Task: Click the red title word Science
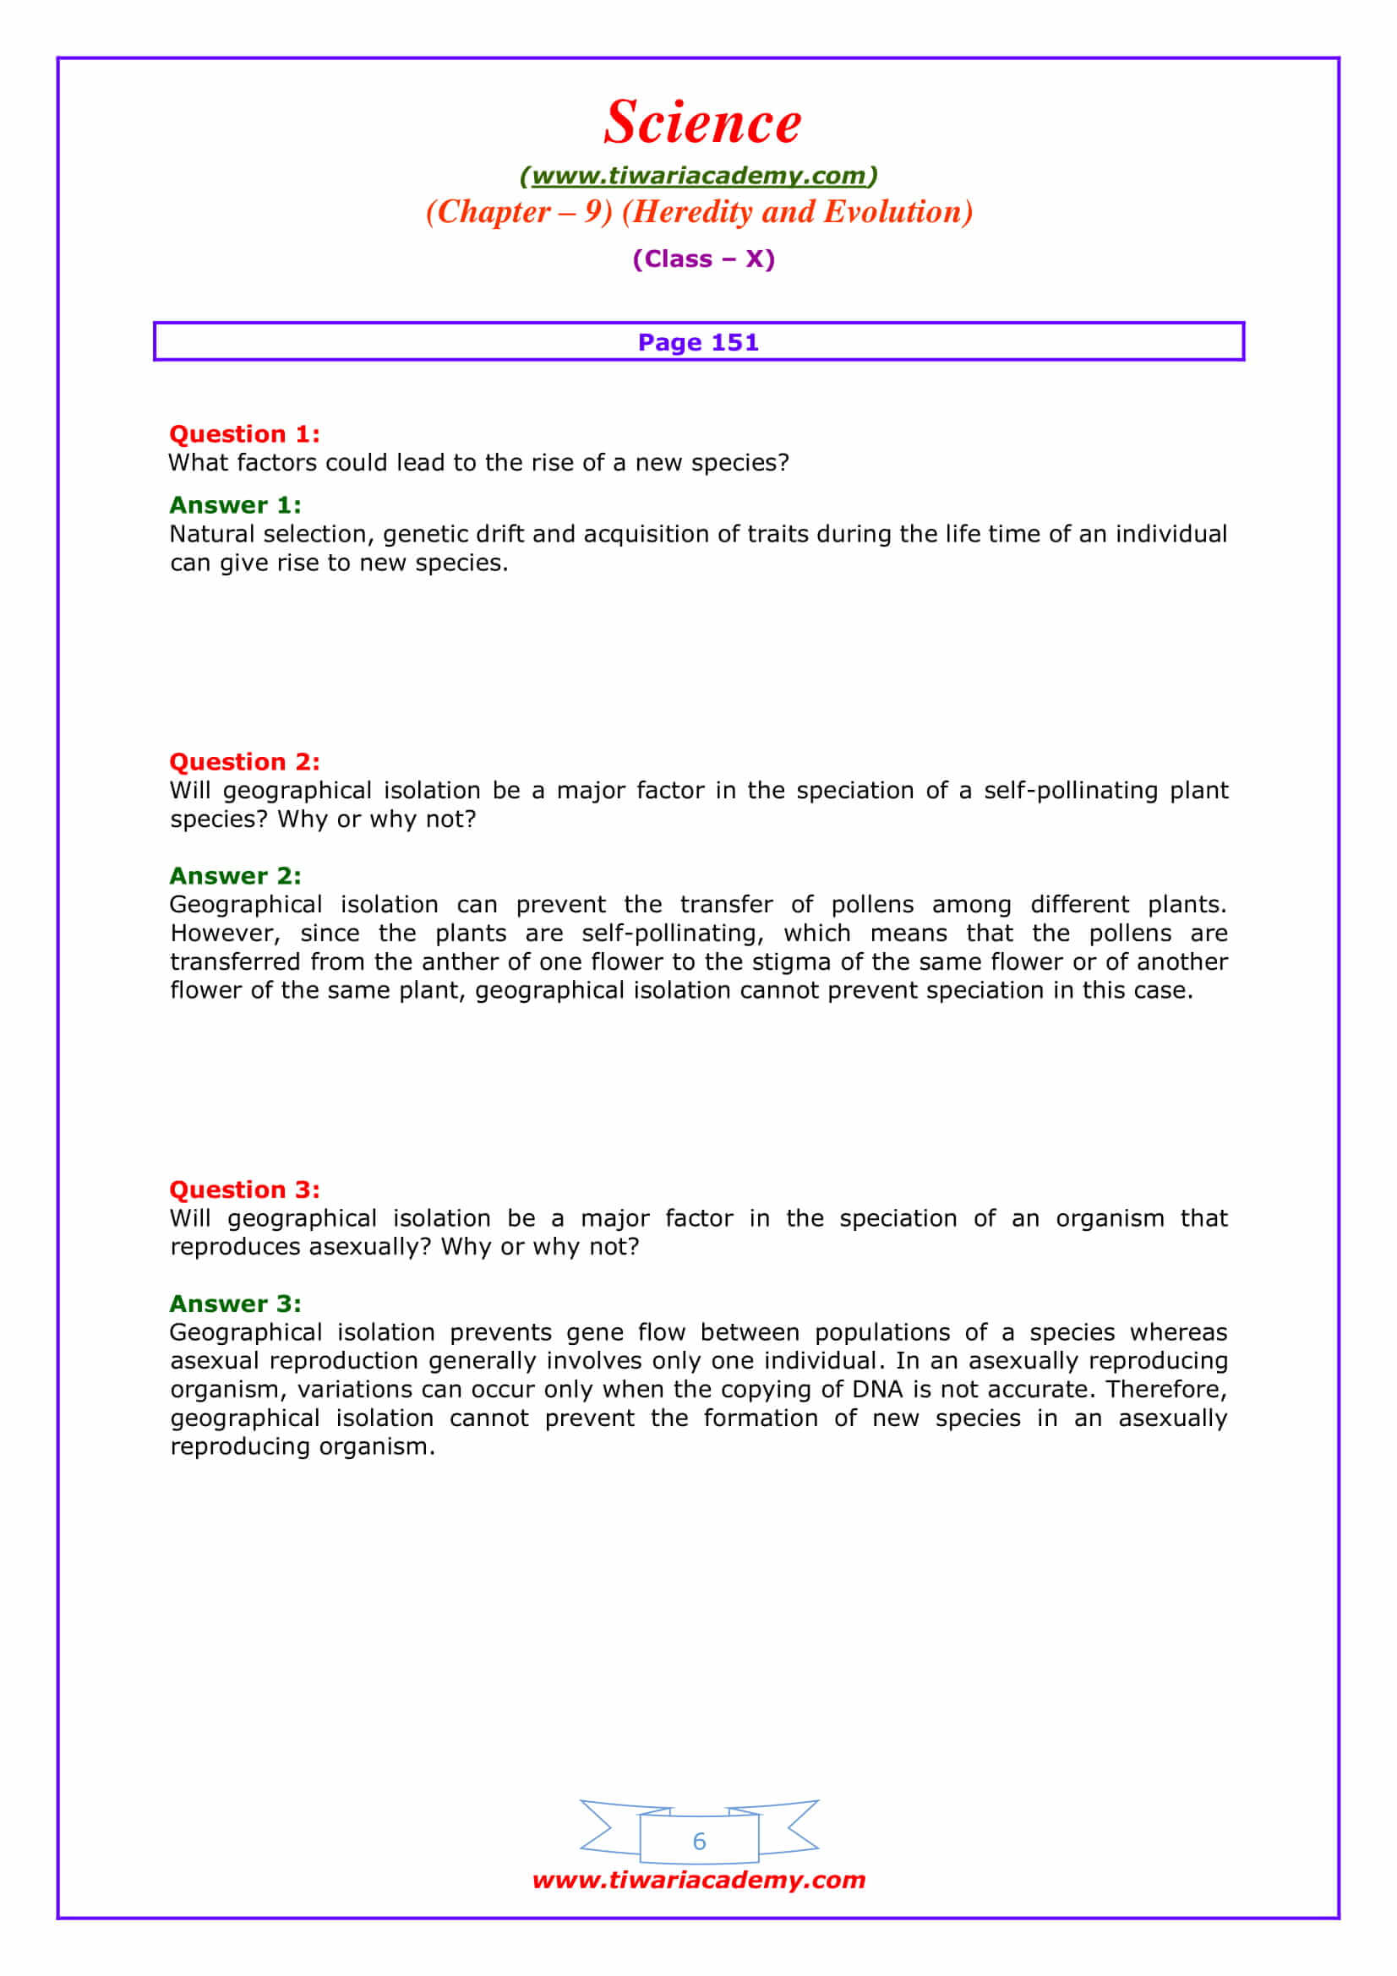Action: (701, 122)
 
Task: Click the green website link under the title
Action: (698, 176)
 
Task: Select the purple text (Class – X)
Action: (703, 259)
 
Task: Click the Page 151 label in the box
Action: (698, 342)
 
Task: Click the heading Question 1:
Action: (244, 433)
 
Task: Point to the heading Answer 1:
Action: (235, 505)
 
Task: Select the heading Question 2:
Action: (244, 762)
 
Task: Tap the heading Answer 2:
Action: (235, 876)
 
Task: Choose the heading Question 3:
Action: (244, 1189)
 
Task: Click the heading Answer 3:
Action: (235, 1304)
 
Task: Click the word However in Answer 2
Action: (225, 934)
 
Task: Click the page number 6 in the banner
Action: (699, 1842)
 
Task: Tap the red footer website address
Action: (698, 1880)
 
